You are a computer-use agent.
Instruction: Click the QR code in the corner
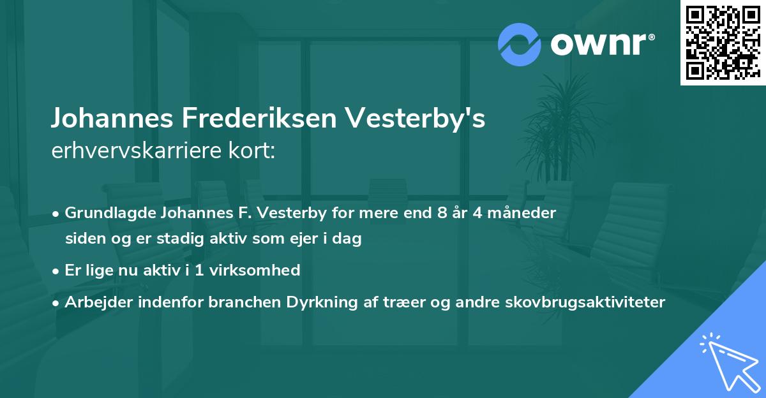point(722,42)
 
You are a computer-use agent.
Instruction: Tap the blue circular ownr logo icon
point(520,44)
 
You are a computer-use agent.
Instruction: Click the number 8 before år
point(442,212)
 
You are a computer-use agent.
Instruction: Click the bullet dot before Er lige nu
point(57,271)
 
